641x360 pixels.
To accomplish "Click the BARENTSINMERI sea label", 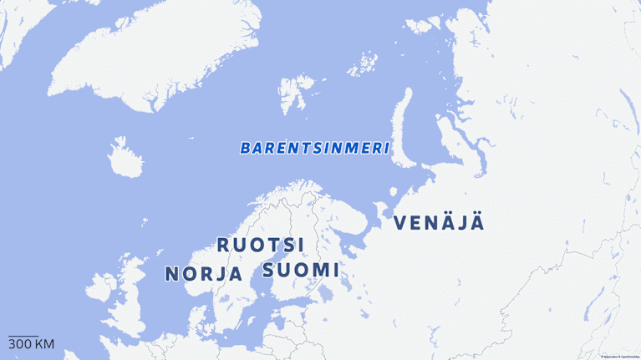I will click(x=315, y=148).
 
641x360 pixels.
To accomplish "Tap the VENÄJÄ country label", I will click(x=439, y=223).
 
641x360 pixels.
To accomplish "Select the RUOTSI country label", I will click(x=261, y=245).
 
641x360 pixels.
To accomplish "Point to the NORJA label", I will click(x=204, y=274).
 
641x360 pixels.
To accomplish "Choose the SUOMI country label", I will click(x=301, y=271).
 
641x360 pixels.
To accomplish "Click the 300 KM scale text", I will click(x=31, y=344).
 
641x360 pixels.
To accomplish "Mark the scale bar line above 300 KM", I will click(x=23, y=336).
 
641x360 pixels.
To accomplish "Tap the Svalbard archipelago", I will click(x=292, y=92).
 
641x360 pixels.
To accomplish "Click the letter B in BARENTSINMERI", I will click(x=246, y=148).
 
